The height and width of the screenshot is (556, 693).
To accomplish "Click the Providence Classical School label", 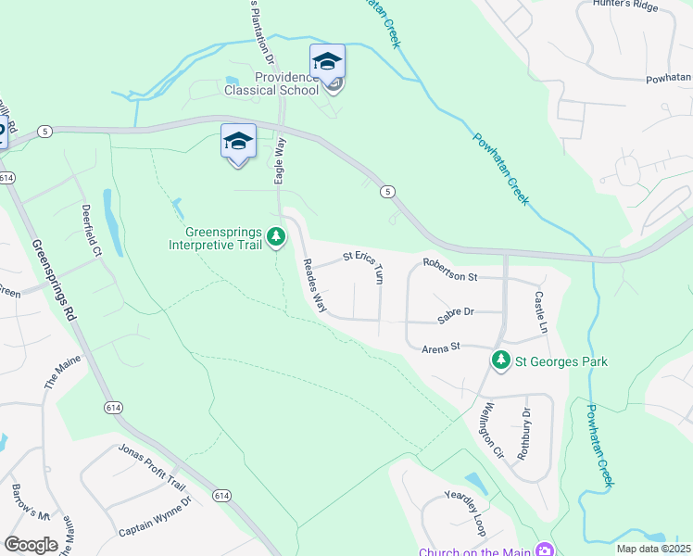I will click(x=271, y=83).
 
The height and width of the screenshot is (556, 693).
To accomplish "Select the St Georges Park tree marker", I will click(x=501, y=360).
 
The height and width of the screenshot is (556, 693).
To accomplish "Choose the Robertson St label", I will click(x=450, y=275).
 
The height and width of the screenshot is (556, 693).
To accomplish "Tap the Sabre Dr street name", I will click(x=456, y=312).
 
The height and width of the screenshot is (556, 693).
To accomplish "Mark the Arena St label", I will click(x=441, y=347).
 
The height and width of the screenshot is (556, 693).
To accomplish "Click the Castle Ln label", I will click(x=540, y=312).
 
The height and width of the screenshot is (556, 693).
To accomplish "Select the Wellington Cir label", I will click(x=491, y=430).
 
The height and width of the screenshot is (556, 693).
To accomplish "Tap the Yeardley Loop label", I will click(x=464, y=511).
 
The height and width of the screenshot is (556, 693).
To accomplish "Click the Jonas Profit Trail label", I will click(x=152, y=465).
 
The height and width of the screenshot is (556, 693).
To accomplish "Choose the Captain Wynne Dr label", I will click(x=155, y=516).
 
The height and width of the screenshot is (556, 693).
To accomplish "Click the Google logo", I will click(x=31, y=545).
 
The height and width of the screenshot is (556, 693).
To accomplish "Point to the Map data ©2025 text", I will click(x=652, y=549).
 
